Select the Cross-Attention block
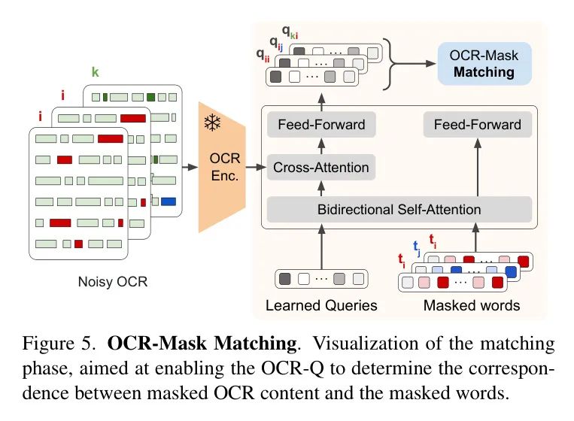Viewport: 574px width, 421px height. pos(321,167)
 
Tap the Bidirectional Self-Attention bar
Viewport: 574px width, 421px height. pos(399,208)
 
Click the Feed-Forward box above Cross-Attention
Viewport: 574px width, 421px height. pos(321,125)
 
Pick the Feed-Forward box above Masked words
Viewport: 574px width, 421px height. pos(477,125)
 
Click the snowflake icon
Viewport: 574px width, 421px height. pos(212,121)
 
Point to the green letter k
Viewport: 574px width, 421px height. pos(95,74)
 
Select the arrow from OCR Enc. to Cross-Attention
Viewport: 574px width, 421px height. pos(256,167)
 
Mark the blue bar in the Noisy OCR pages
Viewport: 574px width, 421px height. pos(168,201)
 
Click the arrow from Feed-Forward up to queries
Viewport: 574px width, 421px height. pos(321,101)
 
